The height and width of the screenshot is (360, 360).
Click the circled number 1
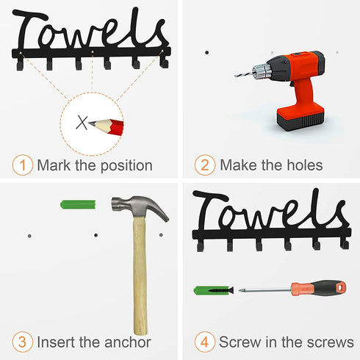coord(23,165)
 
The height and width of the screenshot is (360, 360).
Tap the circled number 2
coord(205,165)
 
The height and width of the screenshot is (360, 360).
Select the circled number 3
coord(23,342)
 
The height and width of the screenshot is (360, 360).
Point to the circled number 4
coord(205,342)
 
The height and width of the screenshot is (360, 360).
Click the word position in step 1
coord(126,166)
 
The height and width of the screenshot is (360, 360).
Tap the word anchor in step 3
coord(127,342)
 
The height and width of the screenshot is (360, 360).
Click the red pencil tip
coord(91,123)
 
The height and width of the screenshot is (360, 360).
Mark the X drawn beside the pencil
coord(82,122)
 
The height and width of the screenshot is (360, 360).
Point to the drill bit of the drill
coord(244,74)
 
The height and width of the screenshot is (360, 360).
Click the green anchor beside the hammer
coord(78,204)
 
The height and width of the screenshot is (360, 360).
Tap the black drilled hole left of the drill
coord(207,52)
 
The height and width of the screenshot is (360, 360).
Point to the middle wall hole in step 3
coord(96,235)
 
